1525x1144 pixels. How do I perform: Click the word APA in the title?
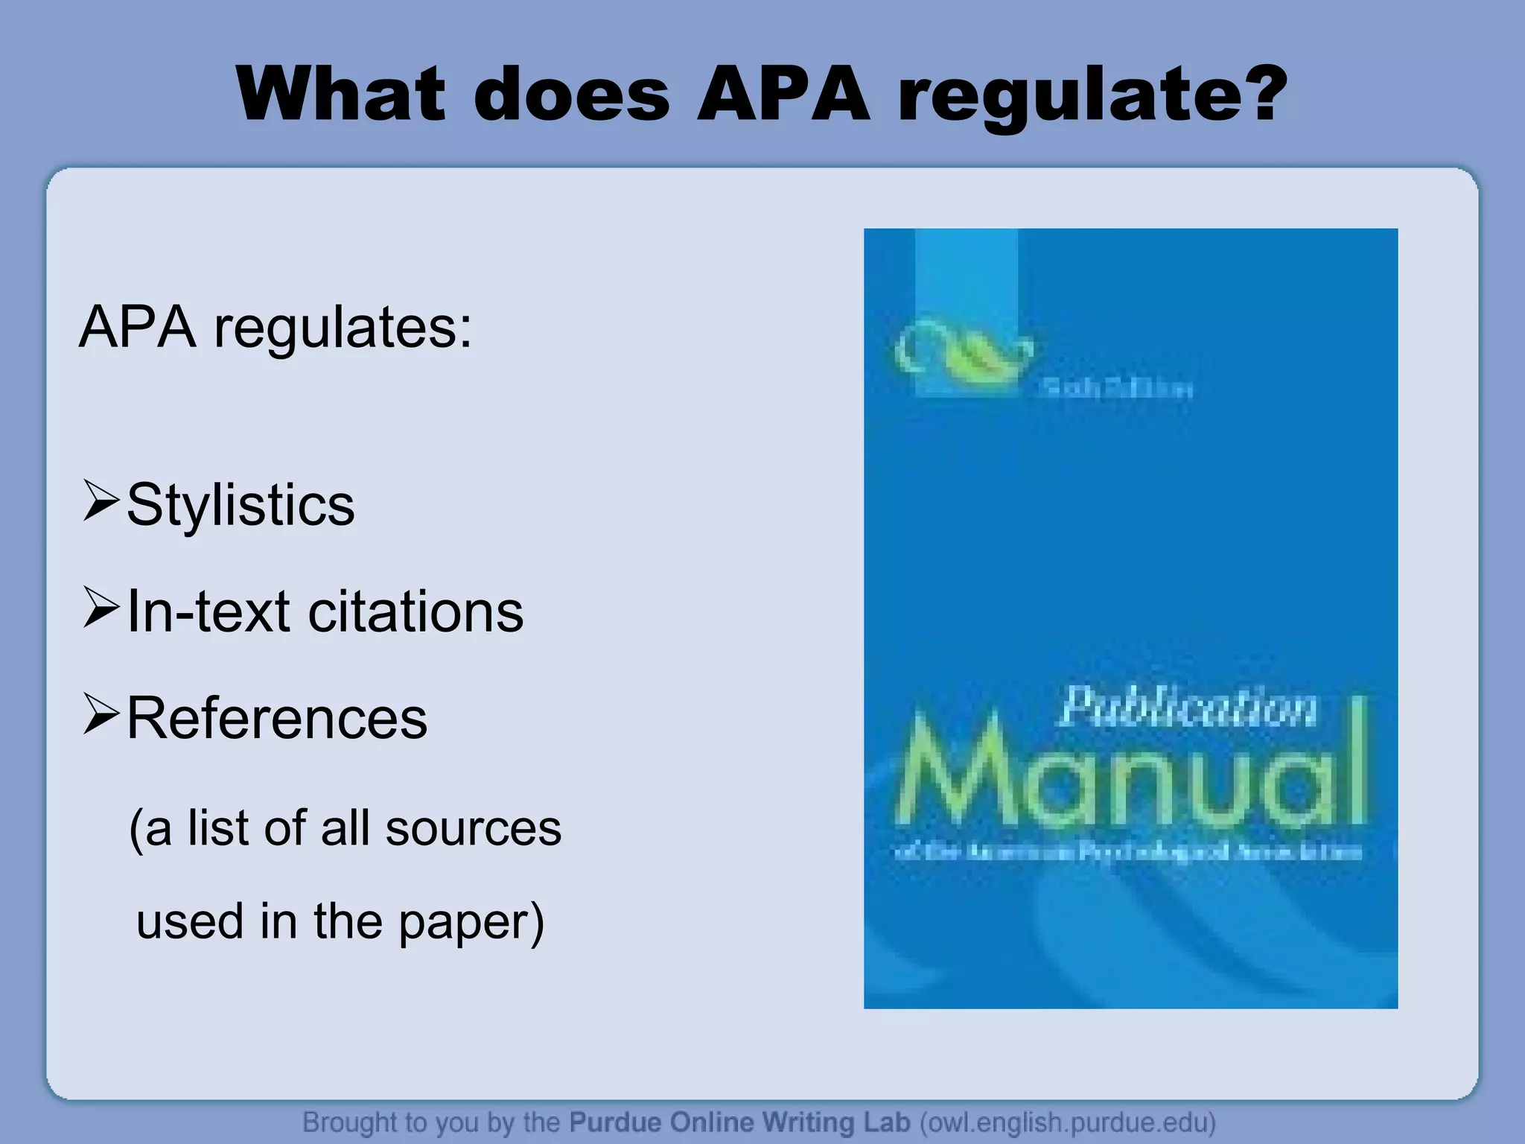783,95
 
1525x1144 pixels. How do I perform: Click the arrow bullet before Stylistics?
101,501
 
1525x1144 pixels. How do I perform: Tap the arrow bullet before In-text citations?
101,608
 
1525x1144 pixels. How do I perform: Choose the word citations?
416,612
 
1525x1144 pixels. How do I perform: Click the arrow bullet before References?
101,714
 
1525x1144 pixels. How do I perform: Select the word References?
277,719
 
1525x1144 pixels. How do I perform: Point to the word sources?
473,828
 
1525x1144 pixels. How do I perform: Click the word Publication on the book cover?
1188,707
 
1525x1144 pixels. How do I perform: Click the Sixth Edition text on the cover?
1116,389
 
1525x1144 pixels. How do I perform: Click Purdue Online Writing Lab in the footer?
739,1122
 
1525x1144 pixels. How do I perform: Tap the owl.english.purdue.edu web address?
1068,1122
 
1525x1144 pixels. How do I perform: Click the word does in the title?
572,95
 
